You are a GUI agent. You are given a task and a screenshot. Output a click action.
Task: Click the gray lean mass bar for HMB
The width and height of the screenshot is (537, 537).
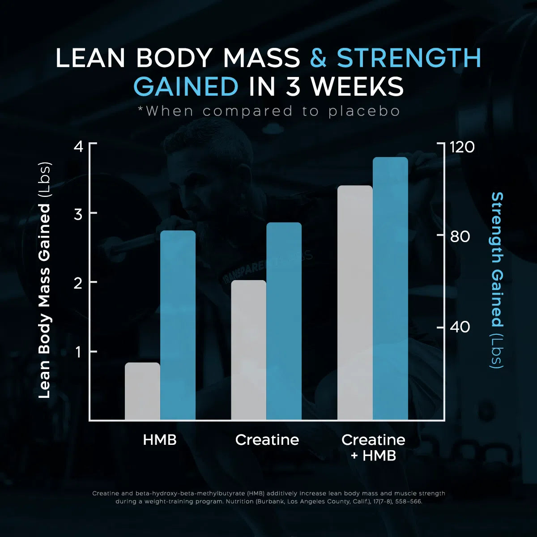[142, 391]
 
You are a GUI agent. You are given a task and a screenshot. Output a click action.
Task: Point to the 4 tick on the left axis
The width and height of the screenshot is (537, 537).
[78, 146]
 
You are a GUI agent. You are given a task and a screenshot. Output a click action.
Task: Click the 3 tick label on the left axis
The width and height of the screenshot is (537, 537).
[78, 214]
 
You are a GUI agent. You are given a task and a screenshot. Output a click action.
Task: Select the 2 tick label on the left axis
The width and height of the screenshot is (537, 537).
[78, 283]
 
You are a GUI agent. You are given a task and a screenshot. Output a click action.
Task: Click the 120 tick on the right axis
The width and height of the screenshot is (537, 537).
[462, 147]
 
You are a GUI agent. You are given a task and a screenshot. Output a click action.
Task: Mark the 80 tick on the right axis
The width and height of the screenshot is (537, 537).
[460, 236]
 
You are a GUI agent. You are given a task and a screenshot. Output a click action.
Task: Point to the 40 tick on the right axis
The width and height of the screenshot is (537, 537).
[460, 327]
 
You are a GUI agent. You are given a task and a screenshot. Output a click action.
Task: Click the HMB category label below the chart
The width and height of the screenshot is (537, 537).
[160, 440]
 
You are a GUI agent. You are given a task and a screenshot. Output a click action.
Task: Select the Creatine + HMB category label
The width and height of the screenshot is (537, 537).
[373, 447]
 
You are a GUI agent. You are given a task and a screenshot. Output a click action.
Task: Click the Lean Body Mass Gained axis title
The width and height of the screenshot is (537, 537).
[45, 280]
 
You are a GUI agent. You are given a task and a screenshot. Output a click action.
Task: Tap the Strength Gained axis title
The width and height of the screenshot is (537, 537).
[497, 280]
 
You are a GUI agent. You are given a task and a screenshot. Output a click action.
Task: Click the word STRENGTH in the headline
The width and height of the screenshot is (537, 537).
[409, 58]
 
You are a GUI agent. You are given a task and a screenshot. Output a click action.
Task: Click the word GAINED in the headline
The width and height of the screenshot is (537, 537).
[186, 86]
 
